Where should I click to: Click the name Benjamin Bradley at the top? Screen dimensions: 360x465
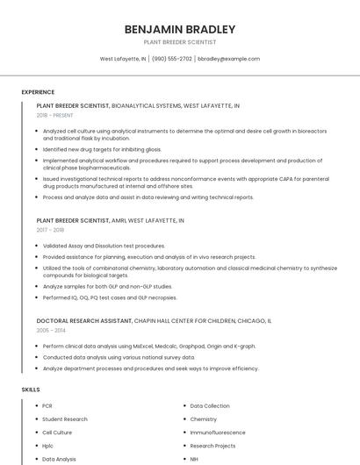pyautogui.click(x=180, y=29)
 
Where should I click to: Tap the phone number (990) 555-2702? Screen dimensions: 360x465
pyautogui.click(x=171, y=59)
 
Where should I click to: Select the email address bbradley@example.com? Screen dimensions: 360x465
pyautogui.click(x=228, y=59)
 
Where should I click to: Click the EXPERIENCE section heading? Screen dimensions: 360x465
pyautogui.click(x=38, y=92)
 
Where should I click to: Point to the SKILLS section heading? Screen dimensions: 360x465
pyautogui.click(x=31, y=389)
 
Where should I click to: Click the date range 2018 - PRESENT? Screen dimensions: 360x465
pyautogui.click(x=55, y=115)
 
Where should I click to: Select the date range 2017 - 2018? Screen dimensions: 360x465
pyautogui.click(x=50, y=230)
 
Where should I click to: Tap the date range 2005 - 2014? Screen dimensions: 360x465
pyautogui.click(x=50, y=330)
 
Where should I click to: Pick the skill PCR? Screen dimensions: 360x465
pyautogui.click(x=47, y=406)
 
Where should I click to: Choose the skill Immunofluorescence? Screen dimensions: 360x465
pyautogui.click(x=218, y=433)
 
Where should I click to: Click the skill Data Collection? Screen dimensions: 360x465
pyautogui.click(x=210, y=406)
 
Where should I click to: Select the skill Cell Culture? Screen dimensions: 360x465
pyautogui.click(x=57, y=433)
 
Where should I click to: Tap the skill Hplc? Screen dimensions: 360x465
pyautogui.click(x=48, y=446)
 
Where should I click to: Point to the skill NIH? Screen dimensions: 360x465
pyautogui.click(x=194, y=459)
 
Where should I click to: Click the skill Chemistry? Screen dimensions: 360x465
pyautogui.click(x=204, y=419)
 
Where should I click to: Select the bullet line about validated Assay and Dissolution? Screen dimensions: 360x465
pyautogui.click(x=104, y=246)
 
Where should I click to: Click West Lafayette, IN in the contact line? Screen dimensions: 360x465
pyautogui.click(x=123, y=59)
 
